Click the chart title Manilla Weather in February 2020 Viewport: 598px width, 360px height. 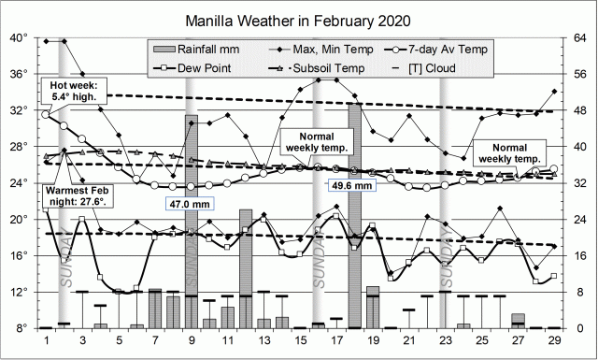(299, 18)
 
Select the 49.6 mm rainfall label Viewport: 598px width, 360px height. (352, 185)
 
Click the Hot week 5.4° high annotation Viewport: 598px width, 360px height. (75, 91)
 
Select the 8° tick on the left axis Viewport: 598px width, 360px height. (21, 328)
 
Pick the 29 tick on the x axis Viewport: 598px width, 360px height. (555, 340)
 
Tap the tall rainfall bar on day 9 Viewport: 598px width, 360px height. (192, 221)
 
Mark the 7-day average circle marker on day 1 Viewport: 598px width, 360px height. (47, 114)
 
